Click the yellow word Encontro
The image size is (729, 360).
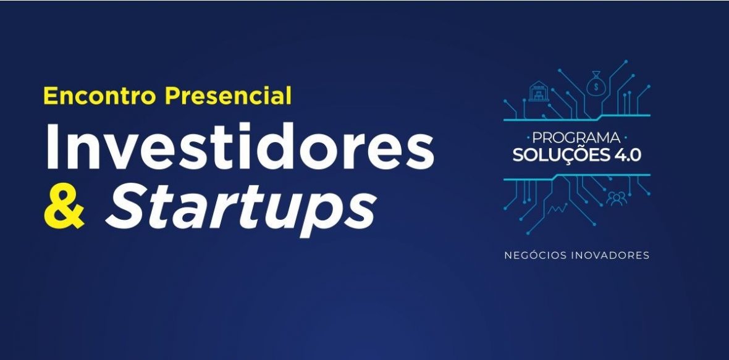tap(99, 96)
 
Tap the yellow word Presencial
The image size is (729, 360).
tap(228, 95)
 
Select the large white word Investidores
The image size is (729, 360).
tap(240, 146)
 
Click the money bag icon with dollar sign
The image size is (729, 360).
tap(596, 83)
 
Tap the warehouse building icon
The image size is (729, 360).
tap(539, 91)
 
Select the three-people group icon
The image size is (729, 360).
tap(617, 198)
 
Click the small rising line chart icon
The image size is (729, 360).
tap(557, 209)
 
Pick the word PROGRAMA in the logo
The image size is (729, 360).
tap(576, 138)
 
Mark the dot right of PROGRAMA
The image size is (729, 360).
tap(625, 138)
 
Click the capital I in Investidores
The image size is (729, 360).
tap(52, 146)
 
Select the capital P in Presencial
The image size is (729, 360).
tap(172, 96)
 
